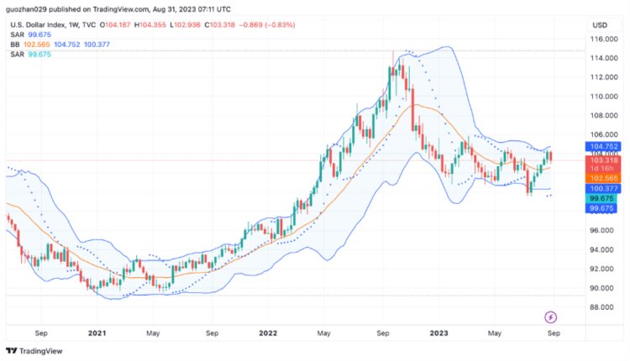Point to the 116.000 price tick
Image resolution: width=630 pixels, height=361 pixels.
click(x=599, y=39)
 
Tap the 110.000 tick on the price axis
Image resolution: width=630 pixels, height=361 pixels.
click(x=599, y=97)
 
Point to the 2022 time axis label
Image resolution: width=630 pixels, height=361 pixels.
click(x=268, y=333)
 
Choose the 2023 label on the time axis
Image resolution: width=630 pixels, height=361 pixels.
click(x=438, y=333)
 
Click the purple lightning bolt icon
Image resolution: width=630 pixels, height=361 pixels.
click(x=551, y=317)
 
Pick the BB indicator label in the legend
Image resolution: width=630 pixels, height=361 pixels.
click(x=14, y=44)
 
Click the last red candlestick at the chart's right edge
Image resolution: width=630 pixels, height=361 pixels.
click(x=551, y=156)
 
